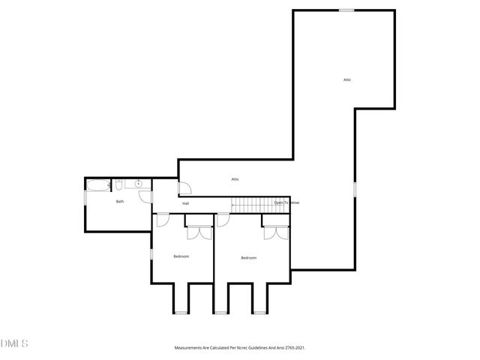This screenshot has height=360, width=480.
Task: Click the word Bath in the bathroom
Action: [120, 201]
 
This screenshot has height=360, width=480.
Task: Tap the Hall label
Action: [185, 203]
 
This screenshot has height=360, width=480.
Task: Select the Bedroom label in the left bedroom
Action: [181, 256]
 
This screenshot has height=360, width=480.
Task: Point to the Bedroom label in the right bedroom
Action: [249, 258]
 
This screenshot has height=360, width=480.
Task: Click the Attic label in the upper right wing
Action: [347, 79]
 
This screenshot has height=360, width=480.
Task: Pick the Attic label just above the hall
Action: [235, 179]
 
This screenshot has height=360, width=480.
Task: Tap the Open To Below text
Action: [286, 202]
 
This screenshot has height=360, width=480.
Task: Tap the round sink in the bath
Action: [139, 184]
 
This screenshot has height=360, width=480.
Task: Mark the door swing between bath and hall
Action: [145, 196]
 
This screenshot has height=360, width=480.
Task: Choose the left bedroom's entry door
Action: [163, 220]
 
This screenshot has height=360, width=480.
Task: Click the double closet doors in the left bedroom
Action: [199, 232]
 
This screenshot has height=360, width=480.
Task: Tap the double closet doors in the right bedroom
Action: [275, 232]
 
